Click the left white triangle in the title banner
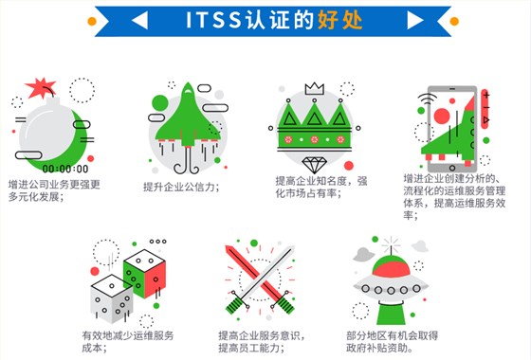pos(140,18)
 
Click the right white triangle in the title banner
pos(390,18)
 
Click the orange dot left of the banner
pos(92,19)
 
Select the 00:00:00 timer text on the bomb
pos(65,169)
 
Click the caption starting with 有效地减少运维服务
pos(127,344)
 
